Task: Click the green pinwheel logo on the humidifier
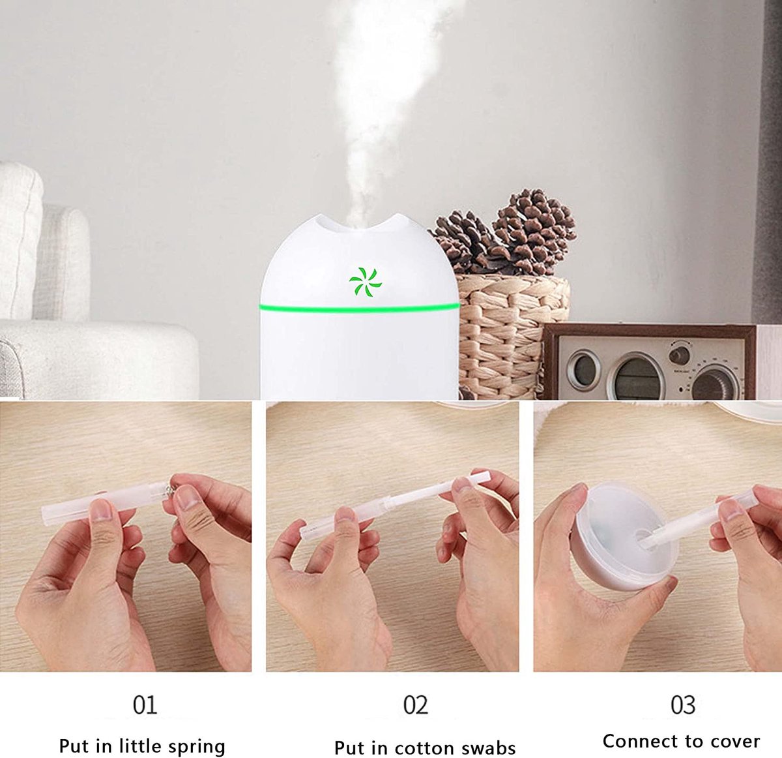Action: click(x=366, y=281)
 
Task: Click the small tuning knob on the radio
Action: click(x=679, y=354)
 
